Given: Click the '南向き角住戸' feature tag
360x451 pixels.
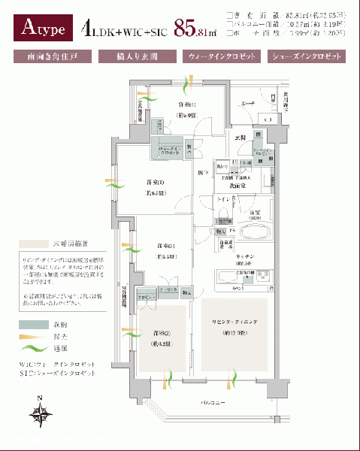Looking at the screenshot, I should [51, 56].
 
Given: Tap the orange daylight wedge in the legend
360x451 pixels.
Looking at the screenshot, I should [30, 336].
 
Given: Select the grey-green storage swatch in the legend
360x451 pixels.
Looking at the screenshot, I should [30, 324].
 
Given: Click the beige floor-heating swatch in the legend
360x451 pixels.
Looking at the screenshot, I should [30, 245].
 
